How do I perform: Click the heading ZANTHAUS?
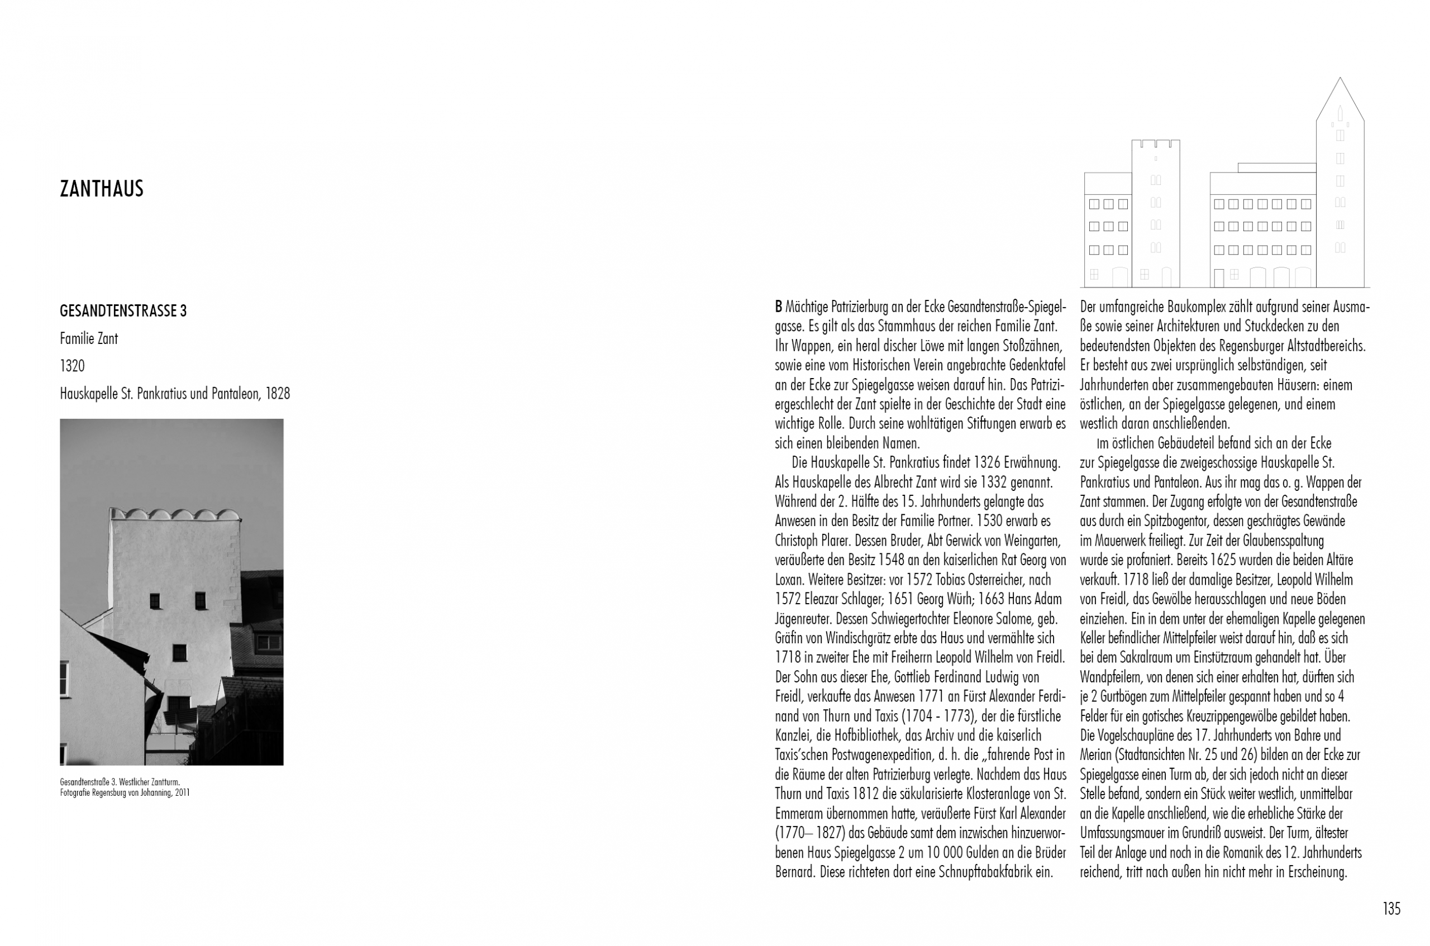[101, 189]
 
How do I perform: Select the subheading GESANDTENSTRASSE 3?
[123, 311]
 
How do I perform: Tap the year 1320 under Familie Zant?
[72, 366]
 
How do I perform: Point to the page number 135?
[1391, 909]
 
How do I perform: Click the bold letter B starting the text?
[778, 307]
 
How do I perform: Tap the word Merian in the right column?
[1097, 755]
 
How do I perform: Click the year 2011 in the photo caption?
[182, 793]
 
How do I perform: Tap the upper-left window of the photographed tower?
[155, 600]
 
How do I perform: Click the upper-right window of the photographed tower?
[201, 599]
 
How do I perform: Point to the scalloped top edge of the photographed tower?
[175, 515]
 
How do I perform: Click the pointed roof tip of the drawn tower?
[1340, 78]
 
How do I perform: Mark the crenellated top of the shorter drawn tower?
[1156, 143]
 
